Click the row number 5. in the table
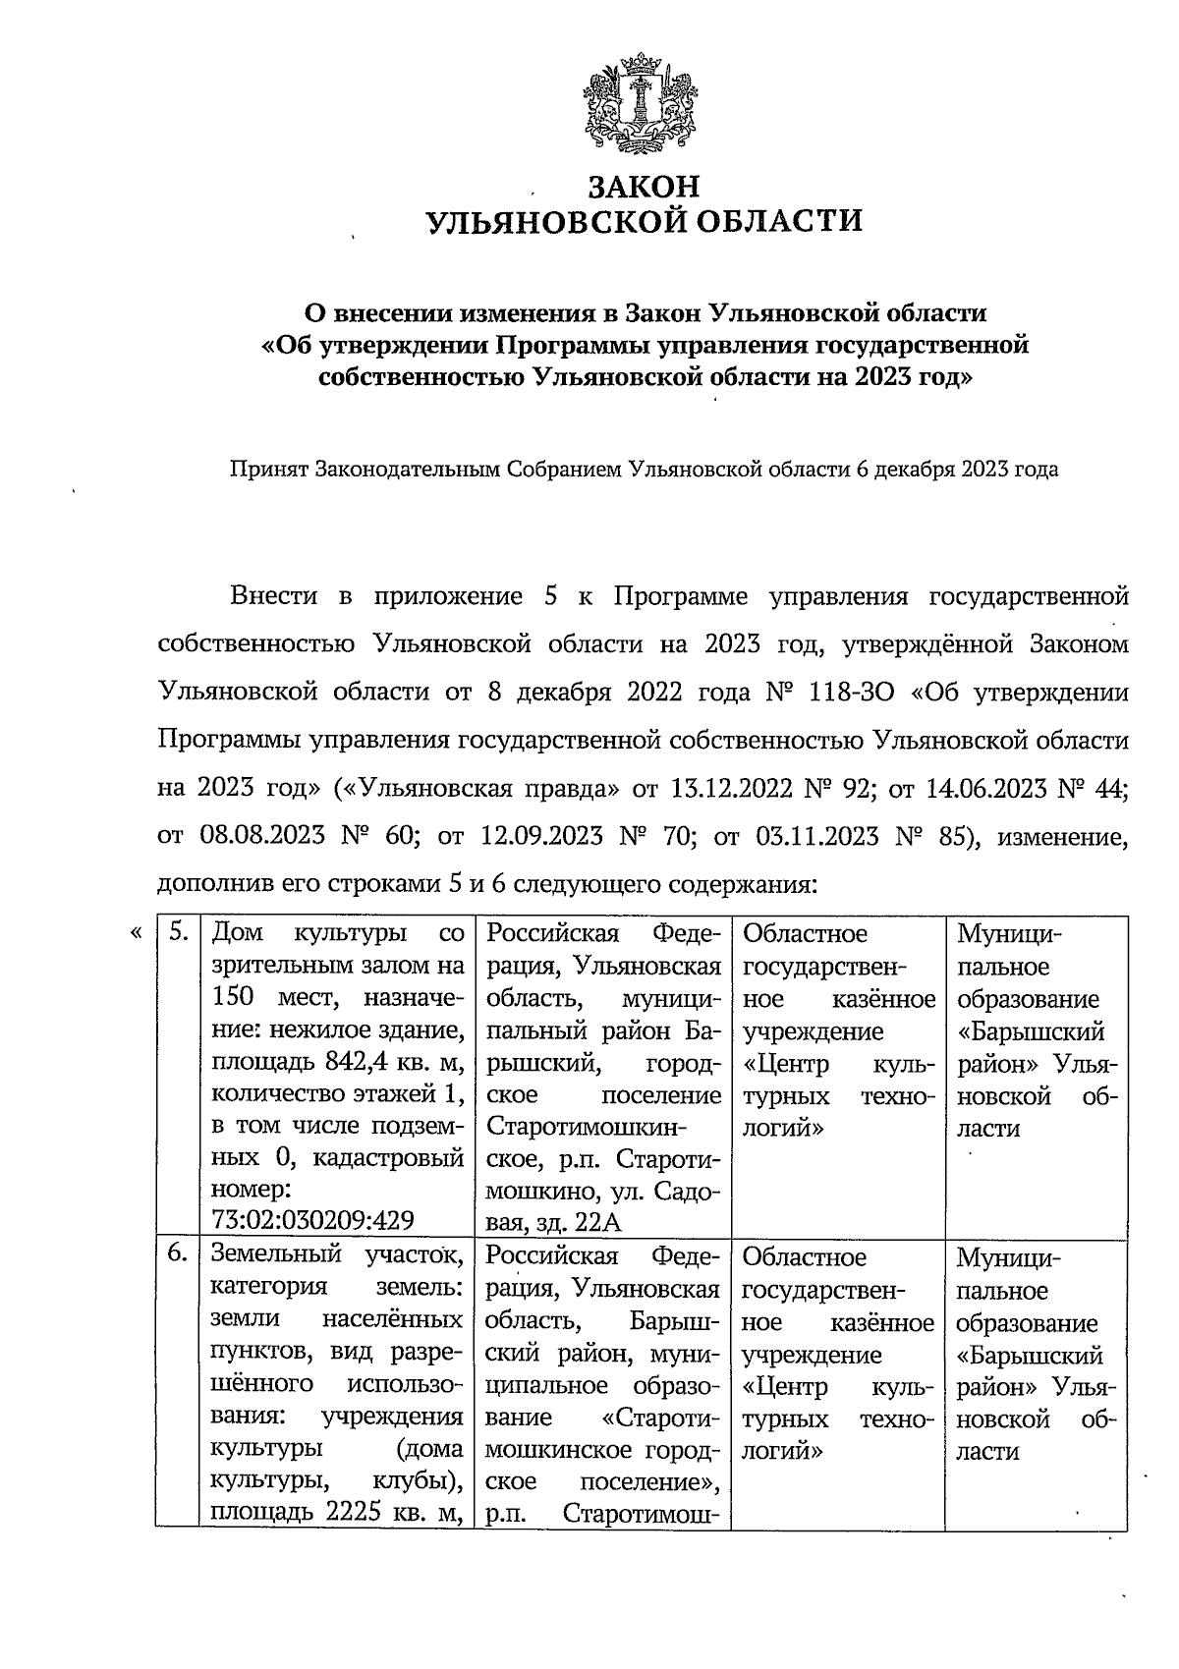[x=178, y=932]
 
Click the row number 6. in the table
[x=178, y=1254]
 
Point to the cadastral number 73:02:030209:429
[x=312, y=1220]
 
